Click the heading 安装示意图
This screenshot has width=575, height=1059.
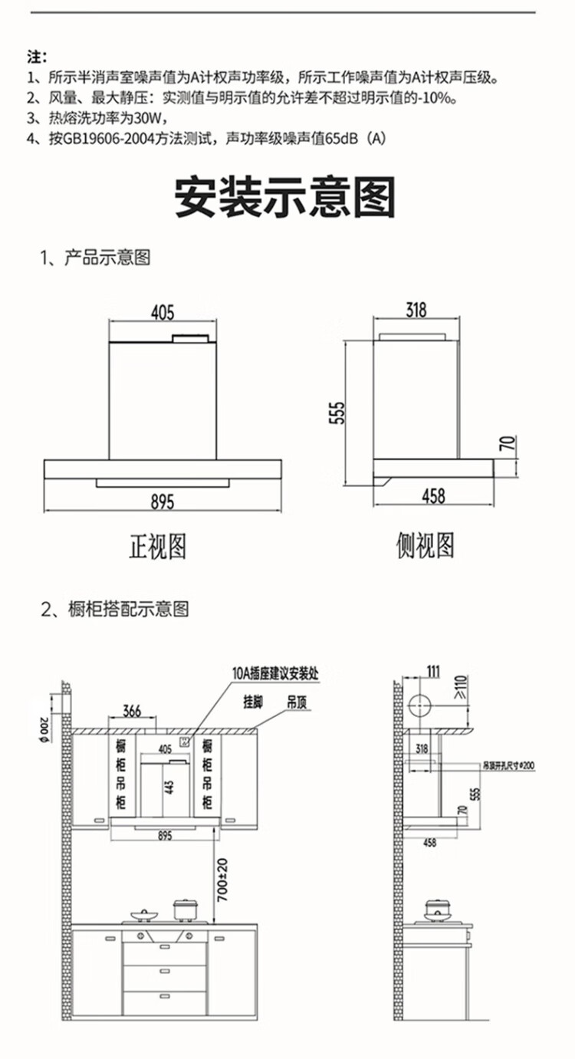pos(285,197)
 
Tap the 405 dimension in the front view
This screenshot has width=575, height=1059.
pos(163,313)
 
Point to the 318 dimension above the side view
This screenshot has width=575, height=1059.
pos(416,311)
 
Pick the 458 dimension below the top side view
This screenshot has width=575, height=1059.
pos(433,496)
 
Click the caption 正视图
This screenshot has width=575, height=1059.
pos(157,547)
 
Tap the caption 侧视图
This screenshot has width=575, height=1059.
pos(426,546)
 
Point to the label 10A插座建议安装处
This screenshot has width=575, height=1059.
pos(275,674)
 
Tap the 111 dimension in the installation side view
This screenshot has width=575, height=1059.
pos(433,673)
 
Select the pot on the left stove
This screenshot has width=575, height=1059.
pos(185,909)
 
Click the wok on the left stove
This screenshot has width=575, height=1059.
pos(143,915)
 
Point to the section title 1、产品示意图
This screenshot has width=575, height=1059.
pos(96,258)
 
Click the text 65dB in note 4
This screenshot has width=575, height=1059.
pos(342,139)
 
